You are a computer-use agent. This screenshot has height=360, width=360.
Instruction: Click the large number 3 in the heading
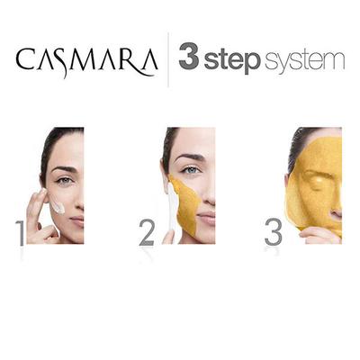coord(189,60)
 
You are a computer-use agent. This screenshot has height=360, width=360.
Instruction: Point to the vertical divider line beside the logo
coord(167,60)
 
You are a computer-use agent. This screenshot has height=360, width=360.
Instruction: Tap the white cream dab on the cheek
coord(57,206)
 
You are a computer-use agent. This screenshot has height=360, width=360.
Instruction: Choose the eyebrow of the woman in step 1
coord(63,168)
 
